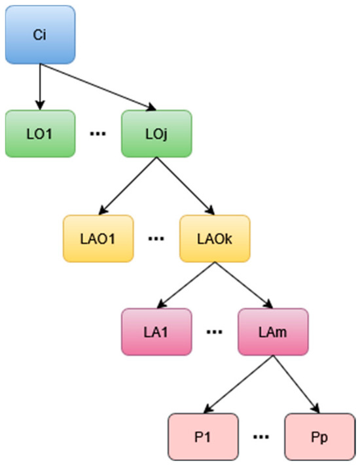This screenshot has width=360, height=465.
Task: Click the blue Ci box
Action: (40, 35)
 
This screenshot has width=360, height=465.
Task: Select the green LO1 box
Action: (40, 134)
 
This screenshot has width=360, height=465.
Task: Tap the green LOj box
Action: (156, 134)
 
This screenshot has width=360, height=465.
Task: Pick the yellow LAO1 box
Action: (98, 239)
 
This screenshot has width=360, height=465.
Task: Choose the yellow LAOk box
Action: (215, 239)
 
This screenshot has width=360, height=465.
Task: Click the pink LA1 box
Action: (156, 332)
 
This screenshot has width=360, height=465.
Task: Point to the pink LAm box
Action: (273, 332)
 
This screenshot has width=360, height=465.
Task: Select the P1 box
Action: (203, 437)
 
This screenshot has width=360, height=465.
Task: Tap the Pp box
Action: (320, 437)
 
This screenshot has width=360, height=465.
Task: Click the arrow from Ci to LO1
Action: (40, 87)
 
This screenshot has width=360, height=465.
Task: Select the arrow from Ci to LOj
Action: (98, 87)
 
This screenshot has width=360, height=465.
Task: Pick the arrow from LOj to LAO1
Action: (128, 186)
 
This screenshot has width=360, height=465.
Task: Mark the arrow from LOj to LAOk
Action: (185, 186)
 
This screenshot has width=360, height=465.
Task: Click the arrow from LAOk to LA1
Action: (186, 285)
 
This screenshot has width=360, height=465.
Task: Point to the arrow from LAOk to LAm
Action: (244, 285)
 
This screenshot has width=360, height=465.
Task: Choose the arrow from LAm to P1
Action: (238, 385)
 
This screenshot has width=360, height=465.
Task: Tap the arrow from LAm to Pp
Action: (297, 385)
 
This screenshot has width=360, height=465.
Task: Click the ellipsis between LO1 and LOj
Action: (98, 134)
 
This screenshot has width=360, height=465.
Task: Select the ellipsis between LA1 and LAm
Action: (215, 332)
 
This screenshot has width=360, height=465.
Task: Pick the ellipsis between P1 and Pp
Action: (261, 437)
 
